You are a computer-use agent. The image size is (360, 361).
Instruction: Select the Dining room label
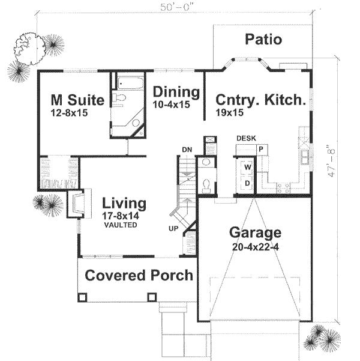pyautogui.click(x=175, y=93)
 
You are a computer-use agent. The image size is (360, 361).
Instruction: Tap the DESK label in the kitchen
pyautogui.click(x=246, y=138)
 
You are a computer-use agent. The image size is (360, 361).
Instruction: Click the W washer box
pyautogui.click(x=247, y=165)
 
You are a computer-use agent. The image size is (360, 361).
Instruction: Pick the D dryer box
pyautogui.click(x=247, y=182)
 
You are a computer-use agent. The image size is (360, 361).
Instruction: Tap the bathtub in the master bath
pyautogui.click(x=128, y=85)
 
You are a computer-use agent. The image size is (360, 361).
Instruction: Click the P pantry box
pyautogui.click(x=262, y=148)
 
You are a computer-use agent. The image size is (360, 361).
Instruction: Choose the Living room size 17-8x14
pyautogui.click(x=124, y=215)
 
